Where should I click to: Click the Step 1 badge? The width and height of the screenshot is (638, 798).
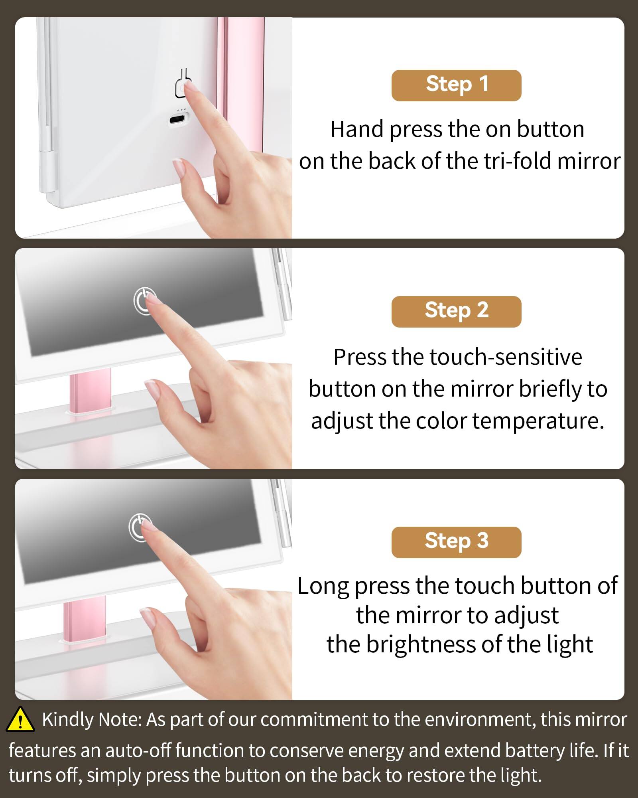[x=456, y=85]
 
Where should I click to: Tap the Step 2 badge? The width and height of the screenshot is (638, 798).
[x=456, y=312]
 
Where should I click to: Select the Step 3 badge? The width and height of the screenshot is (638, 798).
[x=456, y=542]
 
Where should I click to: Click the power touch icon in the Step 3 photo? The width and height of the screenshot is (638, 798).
[x=140, y=527]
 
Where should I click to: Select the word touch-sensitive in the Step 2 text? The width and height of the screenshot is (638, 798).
[x=506, y=357]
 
